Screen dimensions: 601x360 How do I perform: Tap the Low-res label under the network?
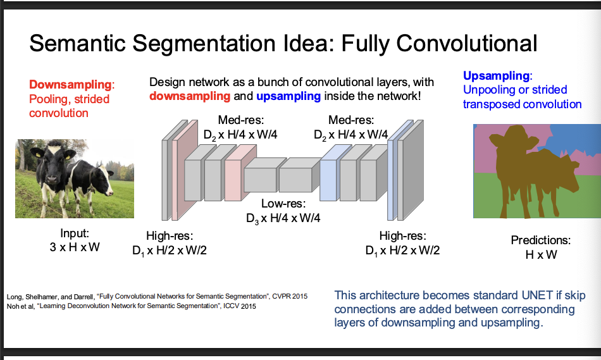pos(283,204)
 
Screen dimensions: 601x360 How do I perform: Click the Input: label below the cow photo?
pos(75,233)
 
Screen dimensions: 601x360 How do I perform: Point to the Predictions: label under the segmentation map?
pos(540,240)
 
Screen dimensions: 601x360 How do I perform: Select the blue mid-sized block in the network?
pos(328,171)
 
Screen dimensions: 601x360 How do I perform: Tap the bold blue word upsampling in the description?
pos(289,96)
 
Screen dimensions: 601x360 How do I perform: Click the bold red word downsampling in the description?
pos(190,96)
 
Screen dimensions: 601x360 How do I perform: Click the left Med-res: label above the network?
pos(240,120)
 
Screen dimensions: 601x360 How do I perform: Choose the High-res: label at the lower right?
pos(402,236)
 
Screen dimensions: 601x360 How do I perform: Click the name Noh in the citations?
pos(13,306)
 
